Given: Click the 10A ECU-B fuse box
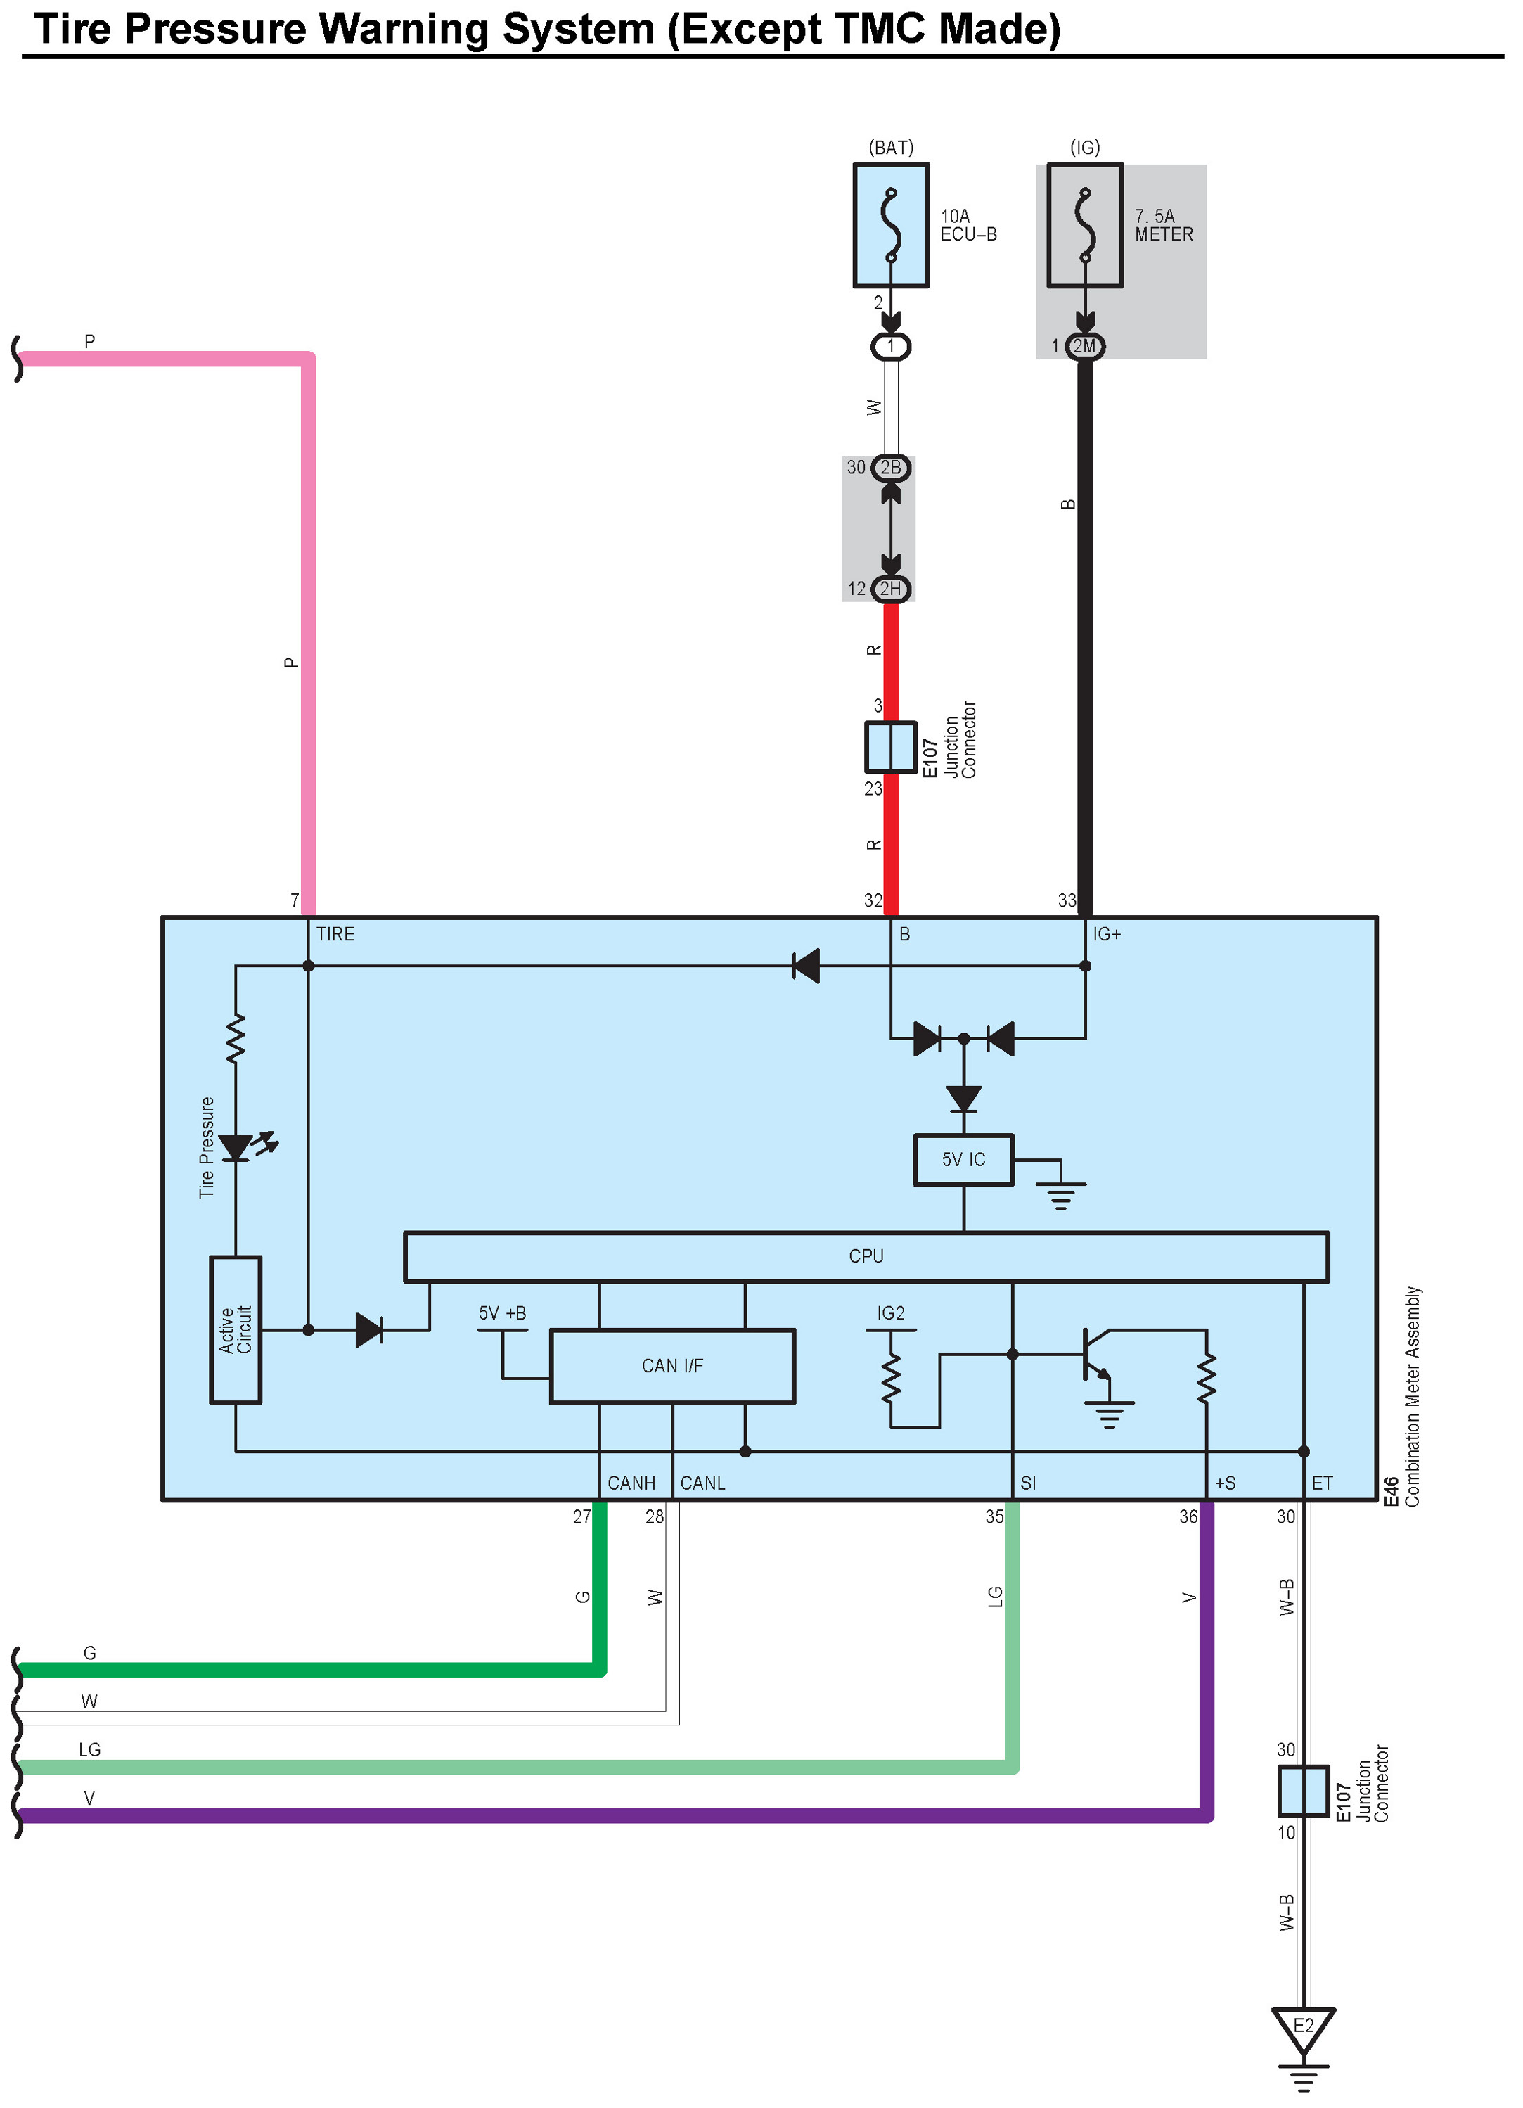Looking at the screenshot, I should click(x=890, y=226).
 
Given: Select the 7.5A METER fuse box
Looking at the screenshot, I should click(x=1084, y=226).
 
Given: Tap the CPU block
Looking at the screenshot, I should click(x=866, y=1257).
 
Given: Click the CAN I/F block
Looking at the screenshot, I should click(x=671, y=1365).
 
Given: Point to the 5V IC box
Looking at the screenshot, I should click(x=963, y=1159).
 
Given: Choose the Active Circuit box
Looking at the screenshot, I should click(x=235, y=1329).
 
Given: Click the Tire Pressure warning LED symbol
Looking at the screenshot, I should click(x=237, y=1147).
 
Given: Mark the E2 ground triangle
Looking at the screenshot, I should click(x=1303, y=2029).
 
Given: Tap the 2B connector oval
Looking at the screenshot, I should click(x=890, y=468).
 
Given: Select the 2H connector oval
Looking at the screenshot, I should click(x=890, y=588).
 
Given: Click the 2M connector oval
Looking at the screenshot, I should click(x=1084, y=347).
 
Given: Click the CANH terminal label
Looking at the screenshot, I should click(x=631, y=1483).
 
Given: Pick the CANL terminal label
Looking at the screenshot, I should click(x=702, y=1483).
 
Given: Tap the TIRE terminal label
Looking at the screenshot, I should click(x=335, y=934).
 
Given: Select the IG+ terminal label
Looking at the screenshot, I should click(x=1107, y=934).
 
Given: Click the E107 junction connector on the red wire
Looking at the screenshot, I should click(x=890, y=747).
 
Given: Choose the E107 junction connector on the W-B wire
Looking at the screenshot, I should click(x=1303, y=1791).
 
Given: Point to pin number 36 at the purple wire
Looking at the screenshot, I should click(x=1188, y=1517).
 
